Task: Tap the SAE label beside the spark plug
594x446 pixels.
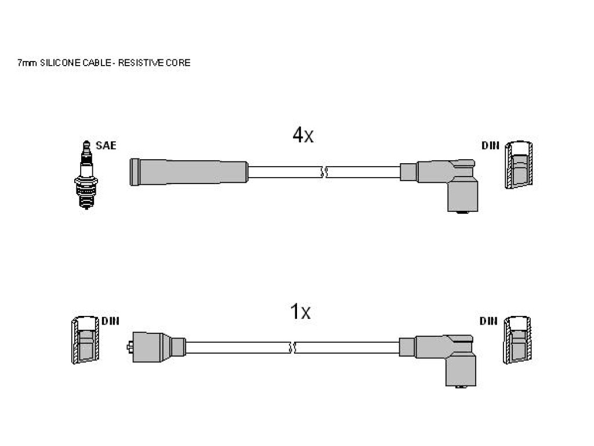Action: point(106,146)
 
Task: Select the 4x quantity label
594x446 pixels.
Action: point(303,135)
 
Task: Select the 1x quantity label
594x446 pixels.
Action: point(300,312)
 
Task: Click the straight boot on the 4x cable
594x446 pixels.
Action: point(189,172)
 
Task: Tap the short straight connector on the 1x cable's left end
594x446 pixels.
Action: point(156,347)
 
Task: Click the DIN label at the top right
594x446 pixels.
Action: point(490,146)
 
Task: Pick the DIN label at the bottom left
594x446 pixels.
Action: point(110,321)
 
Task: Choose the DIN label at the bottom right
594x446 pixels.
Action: point(488,321)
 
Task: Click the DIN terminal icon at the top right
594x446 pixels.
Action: point(519,164)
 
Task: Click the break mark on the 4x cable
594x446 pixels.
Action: point(324,172)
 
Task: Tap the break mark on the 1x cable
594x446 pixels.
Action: point(292,347)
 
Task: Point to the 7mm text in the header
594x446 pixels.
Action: point(27,63)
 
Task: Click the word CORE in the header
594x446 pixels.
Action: point(178,63)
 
